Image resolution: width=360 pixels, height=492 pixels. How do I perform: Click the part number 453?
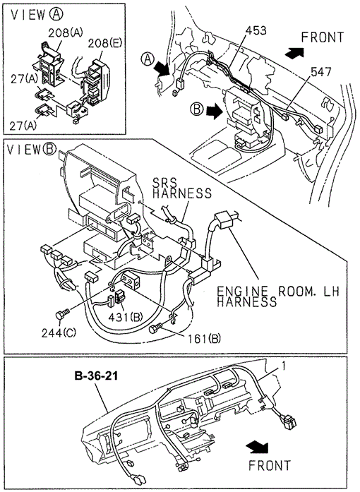coord(256,30)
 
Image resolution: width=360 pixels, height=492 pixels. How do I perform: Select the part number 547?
coord(321,71)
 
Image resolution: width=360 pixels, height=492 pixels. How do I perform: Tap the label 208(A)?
coord(65,32)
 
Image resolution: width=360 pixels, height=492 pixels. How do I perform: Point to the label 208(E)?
coord(105,42)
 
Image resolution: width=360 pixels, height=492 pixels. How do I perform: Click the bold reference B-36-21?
coord(97,376)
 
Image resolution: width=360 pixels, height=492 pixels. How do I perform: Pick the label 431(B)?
coord(126,317)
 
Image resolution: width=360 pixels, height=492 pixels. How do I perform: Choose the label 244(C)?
coord(59,333)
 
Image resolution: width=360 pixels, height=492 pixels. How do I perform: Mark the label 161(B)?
coord(204,339)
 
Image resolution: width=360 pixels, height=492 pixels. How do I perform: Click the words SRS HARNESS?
coord(182,188)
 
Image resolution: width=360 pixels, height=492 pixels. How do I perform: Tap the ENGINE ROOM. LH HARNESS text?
coord(278,296)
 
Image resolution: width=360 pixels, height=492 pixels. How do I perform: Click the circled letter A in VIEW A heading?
coord(56,14)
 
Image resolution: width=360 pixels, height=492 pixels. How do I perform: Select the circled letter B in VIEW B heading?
coord(49,149)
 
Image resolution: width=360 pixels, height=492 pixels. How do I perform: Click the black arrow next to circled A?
coord(162,68)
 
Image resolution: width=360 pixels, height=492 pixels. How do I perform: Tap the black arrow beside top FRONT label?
coord(294,52)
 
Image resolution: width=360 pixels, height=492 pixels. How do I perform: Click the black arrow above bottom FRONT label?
coord(257,447)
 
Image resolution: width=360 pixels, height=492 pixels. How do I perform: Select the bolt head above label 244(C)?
coord(60,315)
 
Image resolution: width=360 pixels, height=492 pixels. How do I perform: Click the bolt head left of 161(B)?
coord(154,329)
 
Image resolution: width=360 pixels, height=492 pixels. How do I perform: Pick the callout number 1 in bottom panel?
coord(284,366)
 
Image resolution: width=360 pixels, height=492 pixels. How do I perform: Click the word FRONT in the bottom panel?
coord(270,465)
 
